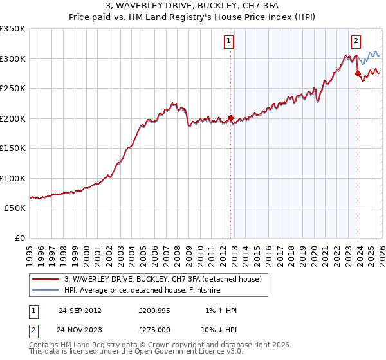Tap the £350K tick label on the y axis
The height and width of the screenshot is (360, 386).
[x=13, y=29]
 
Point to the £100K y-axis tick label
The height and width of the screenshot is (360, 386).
[x=13, y=178]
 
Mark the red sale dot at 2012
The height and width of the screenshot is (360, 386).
[x=230, y=118]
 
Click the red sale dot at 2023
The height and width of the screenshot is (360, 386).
[x=358, y=74]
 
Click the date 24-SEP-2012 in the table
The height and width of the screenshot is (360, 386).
[x=80, y=310]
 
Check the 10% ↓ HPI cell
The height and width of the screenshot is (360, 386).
[x=218, y=329]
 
